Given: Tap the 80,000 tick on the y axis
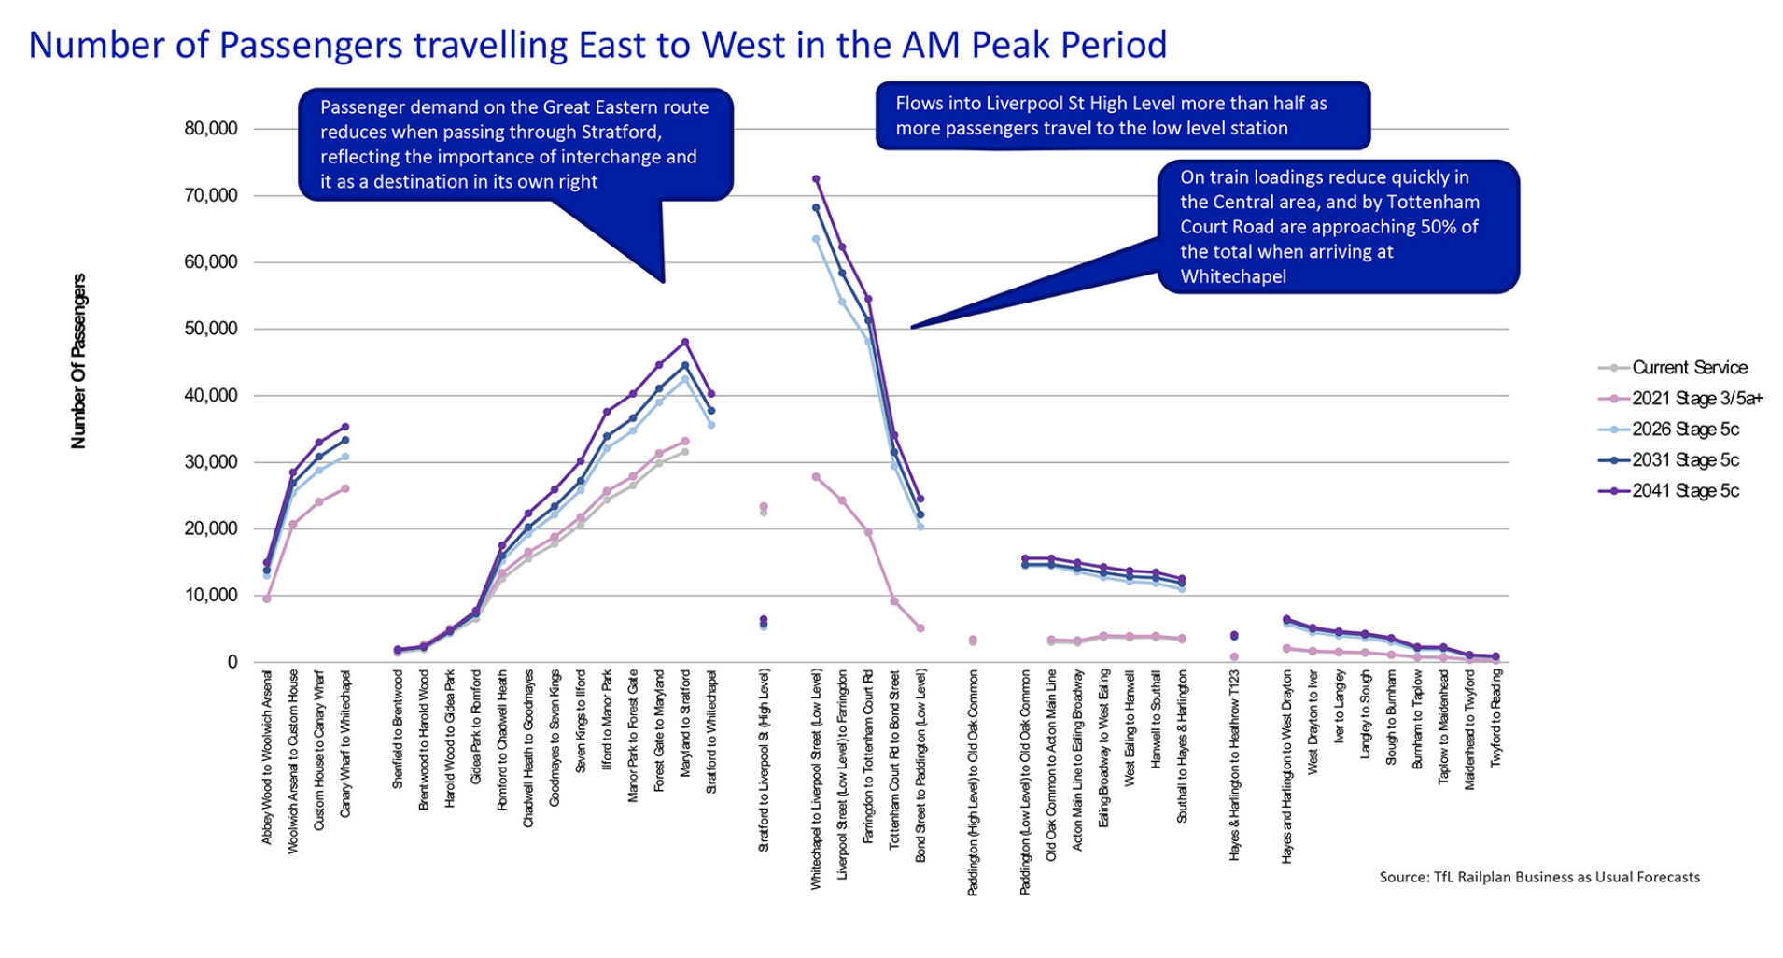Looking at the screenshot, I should (x=211, y=129).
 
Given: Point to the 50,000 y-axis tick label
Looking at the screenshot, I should (x=211, y=329).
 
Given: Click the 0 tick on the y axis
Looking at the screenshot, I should (x=232, y=662).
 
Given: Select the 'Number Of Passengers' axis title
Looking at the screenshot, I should (x=78, y=360).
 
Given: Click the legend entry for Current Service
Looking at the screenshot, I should (x=1689, y=368).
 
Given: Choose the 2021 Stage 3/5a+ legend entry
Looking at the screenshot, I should (x=1696, y=399).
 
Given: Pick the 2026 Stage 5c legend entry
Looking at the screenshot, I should (x=1685, y=430).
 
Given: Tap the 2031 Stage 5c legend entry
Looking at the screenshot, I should (x=1685, y=460).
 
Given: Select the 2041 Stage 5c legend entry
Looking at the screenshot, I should (x=1685, y=491).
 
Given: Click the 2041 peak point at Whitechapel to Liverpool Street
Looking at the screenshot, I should (x=816, y=178).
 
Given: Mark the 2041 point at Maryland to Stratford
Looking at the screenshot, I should (x=685, y=342).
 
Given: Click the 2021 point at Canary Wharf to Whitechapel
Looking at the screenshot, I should (x=345, y=488).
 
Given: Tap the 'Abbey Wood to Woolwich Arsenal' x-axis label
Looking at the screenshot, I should (x=267, y=756).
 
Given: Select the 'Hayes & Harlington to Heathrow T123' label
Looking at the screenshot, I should (x=1234, y=766).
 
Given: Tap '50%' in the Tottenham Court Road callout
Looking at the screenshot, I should (x=1425, y=227).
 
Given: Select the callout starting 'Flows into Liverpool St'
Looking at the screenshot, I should (x=1122, y=116).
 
